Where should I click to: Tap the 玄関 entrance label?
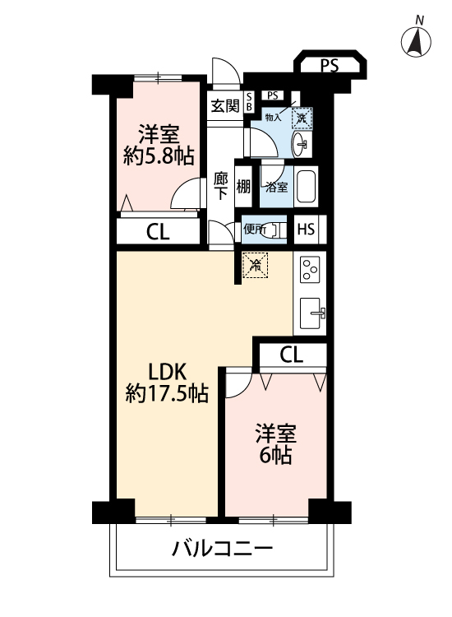(225, 105)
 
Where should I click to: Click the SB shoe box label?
(249, 102)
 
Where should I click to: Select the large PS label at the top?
(330, 65)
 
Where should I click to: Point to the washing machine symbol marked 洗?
(302, 118)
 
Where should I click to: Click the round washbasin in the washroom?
(301, 145)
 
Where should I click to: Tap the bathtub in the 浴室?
(306, 187)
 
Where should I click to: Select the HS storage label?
(307, 229)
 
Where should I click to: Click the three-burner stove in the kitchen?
(310, 270)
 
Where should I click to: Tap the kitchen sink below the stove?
(312, 313)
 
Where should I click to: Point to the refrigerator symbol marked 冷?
(255, 265)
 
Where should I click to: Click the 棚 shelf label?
(243, 187)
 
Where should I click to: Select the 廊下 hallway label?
(221, 186)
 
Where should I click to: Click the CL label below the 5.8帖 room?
(158, 232)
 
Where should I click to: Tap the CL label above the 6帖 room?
(291, 355)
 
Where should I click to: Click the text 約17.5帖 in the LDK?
(167, 393)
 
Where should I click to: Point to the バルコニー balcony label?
(222, 549)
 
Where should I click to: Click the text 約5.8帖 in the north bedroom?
(159, 156)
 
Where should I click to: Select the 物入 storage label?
(273, 118)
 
